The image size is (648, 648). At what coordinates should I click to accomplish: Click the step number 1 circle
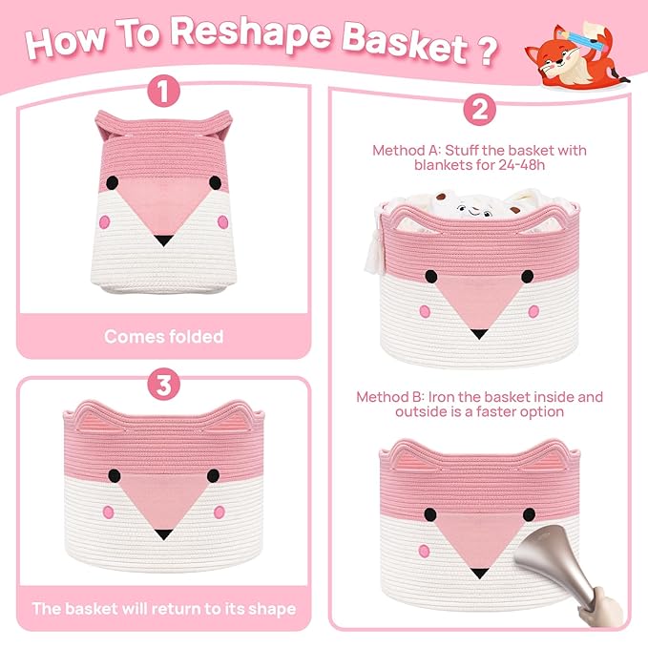[x=163, y=91]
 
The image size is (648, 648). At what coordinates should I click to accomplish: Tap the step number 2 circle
[x=479, y=110]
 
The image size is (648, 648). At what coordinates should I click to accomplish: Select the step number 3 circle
[x=163, y=385]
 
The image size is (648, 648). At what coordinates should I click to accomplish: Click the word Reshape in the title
[x=251, y=32]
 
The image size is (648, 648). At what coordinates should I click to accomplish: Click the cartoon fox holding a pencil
[x=576, y=55]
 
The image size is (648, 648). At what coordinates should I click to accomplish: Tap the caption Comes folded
[x=163, y=337]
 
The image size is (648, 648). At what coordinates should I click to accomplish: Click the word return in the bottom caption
[x=177, y=609]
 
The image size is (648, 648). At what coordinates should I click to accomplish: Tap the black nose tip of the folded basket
[x=163, y=240]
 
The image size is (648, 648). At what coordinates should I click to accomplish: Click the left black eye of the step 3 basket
[x=115, y=475]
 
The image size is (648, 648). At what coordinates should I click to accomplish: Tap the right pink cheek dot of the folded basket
[x=222, y=222]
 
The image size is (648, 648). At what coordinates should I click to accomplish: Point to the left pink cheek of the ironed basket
[x=424, y=551]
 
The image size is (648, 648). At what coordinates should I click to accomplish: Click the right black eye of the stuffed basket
[x=528, y=277]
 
